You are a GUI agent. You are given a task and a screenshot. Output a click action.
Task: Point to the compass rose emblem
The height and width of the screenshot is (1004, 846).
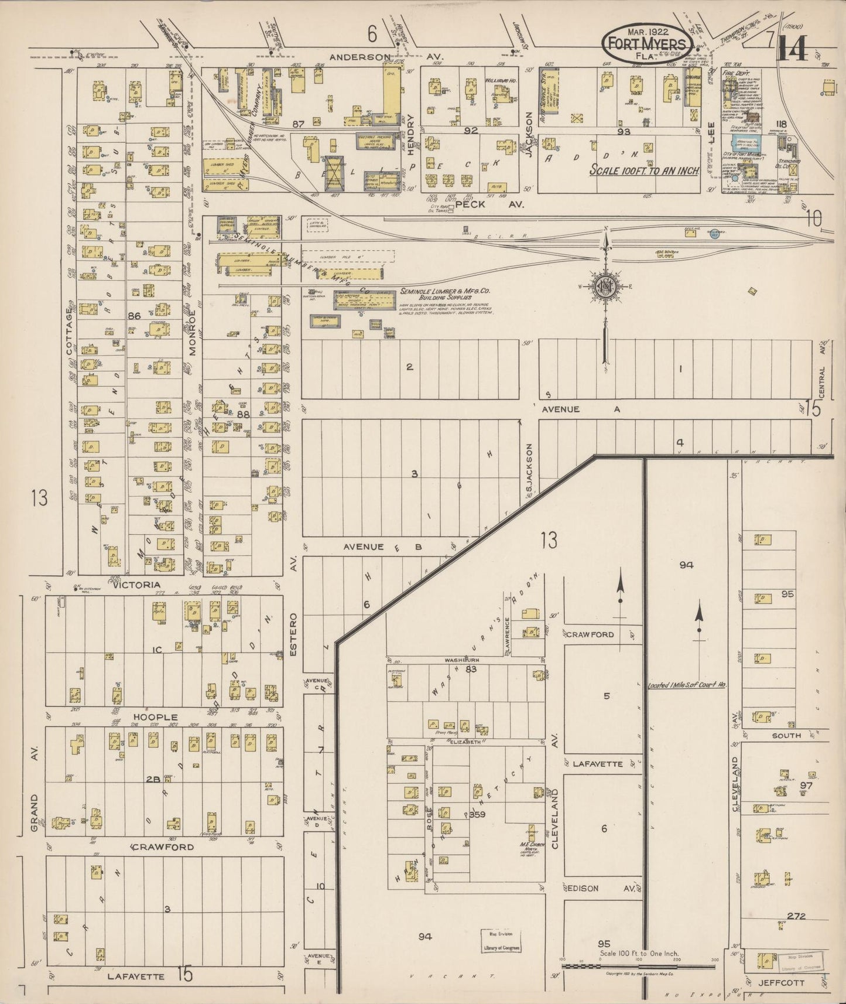(x=604, y=287)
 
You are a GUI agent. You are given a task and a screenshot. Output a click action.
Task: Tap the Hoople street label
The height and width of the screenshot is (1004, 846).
(x=155, y=717)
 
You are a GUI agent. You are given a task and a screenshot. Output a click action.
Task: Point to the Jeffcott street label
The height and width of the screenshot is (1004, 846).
(x=774, y=982)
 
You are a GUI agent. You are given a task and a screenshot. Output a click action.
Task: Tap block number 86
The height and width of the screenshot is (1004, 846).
(x=135, y=316)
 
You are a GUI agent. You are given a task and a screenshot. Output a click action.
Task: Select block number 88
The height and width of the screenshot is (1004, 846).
(x=243, y=414)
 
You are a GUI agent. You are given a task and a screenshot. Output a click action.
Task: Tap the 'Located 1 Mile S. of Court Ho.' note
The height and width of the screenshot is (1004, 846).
(x=686, y=685)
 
